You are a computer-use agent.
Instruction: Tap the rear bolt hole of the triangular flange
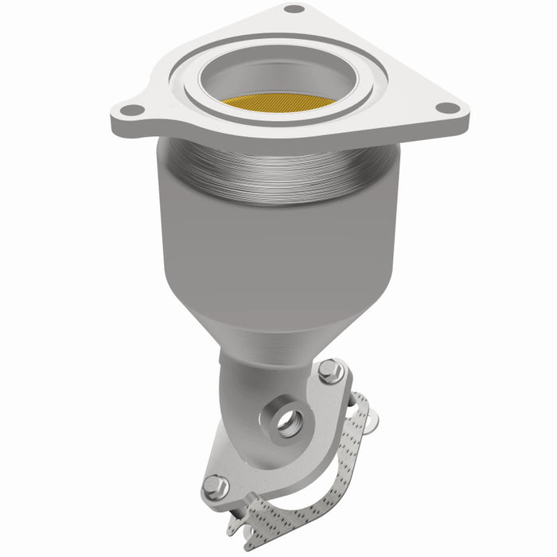click(x=294, y=10)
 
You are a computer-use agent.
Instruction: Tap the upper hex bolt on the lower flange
click(x=329, y=371)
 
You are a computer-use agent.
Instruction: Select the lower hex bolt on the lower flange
click(x=216, y=485)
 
